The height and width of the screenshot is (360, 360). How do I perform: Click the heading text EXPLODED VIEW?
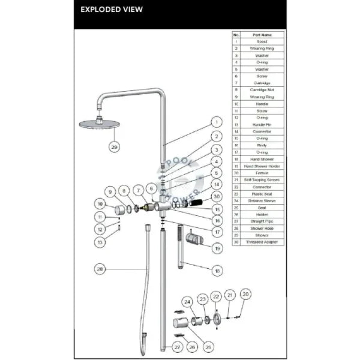pyautogui.click(x=112, y=10)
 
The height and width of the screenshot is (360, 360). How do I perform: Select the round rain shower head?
pyautogui.click(x=97, y=124)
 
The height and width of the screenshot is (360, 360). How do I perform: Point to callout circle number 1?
pyautogui.click(x=215, y=121)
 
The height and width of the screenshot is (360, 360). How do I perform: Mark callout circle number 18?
pyautogui.click(x=217, y=271)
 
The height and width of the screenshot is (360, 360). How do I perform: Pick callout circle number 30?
pyautogui.click(x=217, y=196)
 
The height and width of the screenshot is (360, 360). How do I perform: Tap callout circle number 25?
pyautogui.click(x=208, y=346)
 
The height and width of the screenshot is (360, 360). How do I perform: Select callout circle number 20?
pyautogui.click(x=245, y=294)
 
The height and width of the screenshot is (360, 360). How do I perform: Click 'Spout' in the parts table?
pyautogui.click(x=262, y=41)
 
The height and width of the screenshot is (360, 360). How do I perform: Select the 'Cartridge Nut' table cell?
pyautogui.click(x=262, y=90)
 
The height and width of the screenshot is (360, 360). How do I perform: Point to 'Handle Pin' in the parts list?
pyautogui.click(x=262, y=124)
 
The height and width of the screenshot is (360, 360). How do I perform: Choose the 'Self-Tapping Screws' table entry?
pyautogui.click(x=262, y=179)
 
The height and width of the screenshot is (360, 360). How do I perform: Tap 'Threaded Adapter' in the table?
pyautogui.click(x=262, y=242)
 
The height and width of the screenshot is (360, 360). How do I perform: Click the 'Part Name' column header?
pyautogui.click(x=262, y=35)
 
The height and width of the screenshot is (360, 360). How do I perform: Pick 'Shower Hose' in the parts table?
pyautogui.click(x=262, y=228)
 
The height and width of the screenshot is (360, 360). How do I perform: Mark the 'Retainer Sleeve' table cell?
pyautogui.click(x=262, y=200)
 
